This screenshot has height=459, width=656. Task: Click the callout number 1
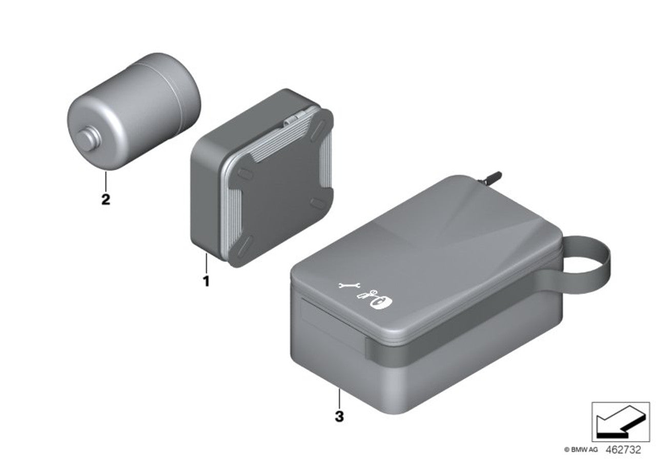[206, 281]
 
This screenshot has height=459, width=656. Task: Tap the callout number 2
[105, 199]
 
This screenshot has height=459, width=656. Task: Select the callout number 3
[339, 416]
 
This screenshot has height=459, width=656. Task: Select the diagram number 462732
[623, 449]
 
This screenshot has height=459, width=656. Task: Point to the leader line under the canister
[105, 180]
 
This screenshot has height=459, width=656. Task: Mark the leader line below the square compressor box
[206, 262]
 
